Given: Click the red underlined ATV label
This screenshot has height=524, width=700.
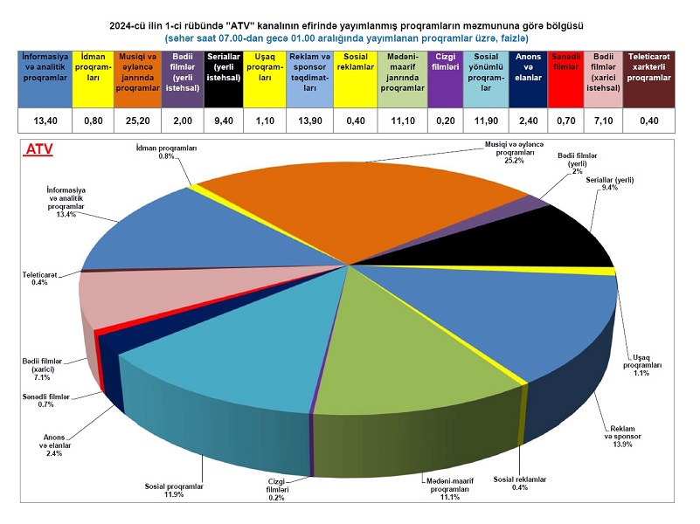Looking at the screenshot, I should click(39, 149).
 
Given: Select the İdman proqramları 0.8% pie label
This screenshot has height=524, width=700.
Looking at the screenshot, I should click(167, 153).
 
